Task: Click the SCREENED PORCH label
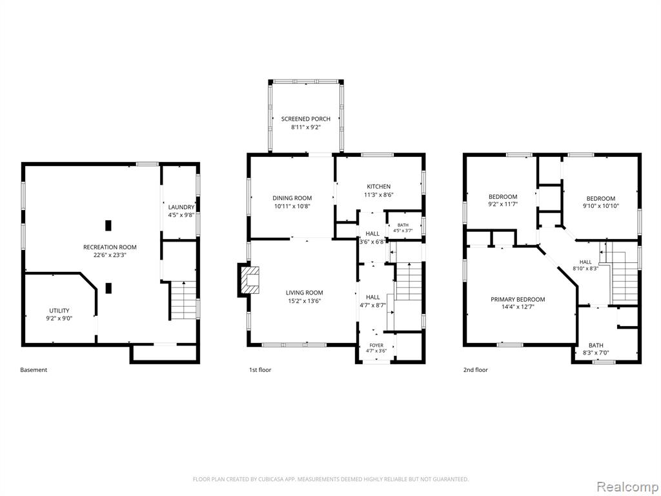305,119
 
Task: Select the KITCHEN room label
378,187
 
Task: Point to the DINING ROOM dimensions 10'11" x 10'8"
292,206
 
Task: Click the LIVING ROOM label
305,293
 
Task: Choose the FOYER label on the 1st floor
376,346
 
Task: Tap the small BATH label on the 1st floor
403,225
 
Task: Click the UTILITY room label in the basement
59,311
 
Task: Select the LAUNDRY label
181,207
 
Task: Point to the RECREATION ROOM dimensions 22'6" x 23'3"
110,255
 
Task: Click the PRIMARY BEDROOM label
518,300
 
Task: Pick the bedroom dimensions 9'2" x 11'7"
503,204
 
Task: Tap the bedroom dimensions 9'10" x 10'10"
601,206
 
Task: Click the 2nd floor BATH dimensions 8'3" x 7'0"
596,353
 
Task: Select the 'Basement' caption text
34,370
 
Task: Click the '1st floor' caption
260,370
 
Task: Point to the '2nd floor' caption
476,370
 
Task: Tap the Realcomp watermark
627,487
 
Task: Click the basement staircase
183,300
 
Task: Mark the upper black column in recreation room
108,225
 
